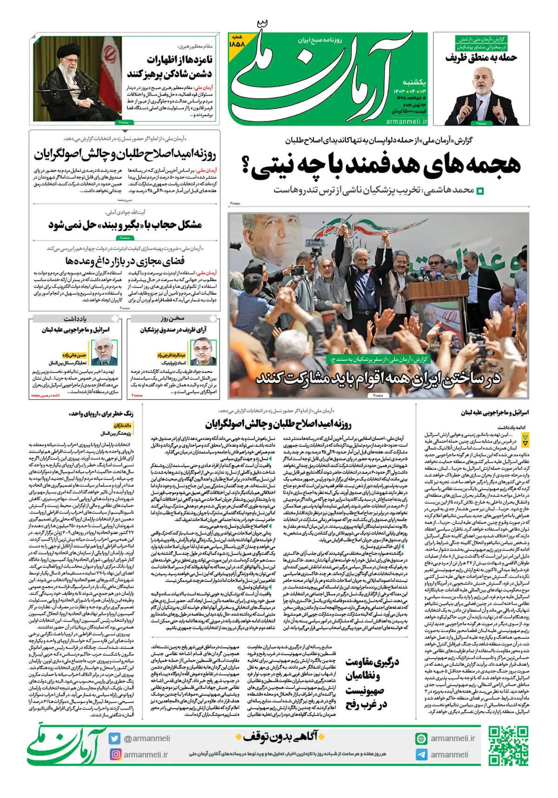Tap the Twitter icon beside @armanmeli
pyautogui.click(x=115, y=738)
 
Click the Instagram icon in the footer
pyautogui.click(x=115, y=754)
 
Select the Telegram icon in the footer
pyautogui.click(x=421, y=755)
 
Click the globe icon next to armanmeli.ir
pyautogui.click(x=421, y=738)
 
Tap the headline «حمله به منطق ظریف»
pyautogui.click(x=481, y=57)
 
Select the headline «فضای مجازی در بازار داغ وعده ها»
pyautogui.click(x=125, y=260)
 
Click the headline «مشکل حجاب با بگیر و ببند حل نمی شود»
pyautogui.click(x=125, y=225)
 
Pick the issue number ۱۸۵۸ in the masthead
pyautogui.click(x=237, y=43)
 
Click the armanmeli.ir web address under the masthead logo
pyautogui.click(x=406, y=122)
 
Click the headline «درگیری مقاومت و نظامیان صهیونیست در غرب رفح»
pyautogui.click(x=372, y=683)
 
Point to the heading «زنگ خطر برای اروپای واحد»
pyautogui.click(x=101, y=413)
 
